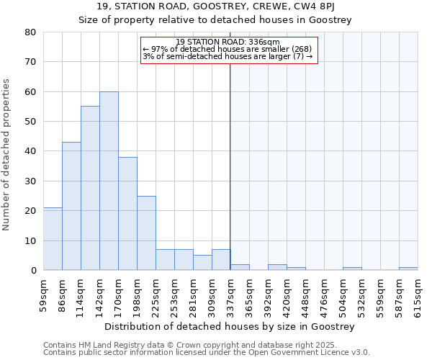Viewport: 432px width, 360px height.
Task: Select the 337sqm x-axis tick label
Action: click(231, 294)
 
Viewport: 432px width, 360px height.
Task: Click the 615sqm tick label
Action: click(418, 294)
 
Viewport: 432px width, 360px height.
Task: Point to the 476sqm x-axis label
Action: click(325, 294)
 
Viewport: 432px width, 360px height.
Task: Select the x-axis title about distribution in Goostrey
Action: click(230, 327)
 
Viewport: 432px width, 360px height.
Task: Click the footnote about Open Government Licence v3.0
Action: click(207, 353)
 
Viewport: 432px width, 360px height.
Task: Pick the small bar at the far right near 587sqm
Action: click(408, 269)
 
